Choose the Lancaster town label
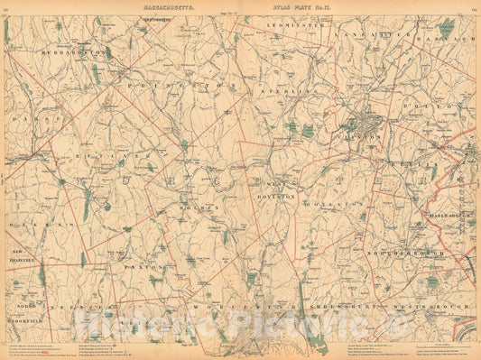point(367,34)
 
